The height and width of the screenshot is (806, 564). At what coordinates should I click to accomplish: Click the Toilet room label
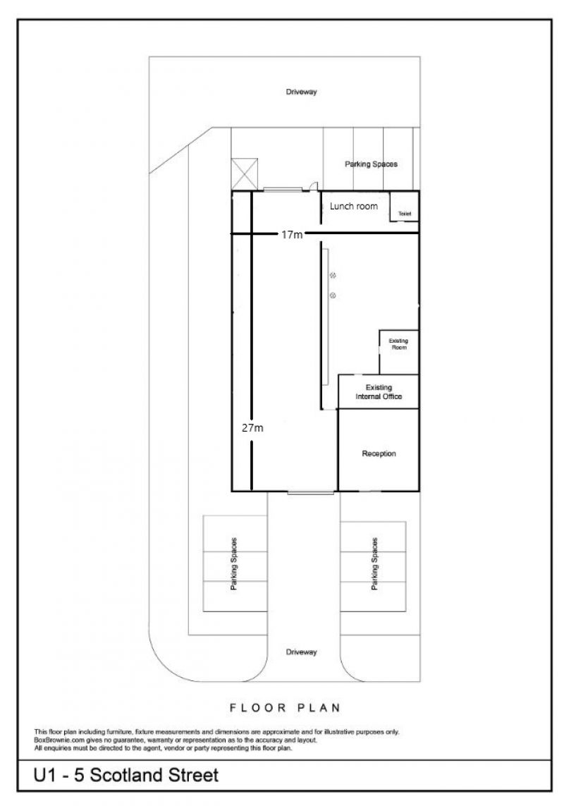click(x=405, y=214)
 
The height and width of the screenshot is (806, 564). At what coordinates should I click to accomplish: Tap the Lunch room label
click(x=354, y=206)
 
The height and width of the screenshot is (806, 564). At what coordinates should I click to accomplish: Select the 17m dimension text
click(x=292, y=234)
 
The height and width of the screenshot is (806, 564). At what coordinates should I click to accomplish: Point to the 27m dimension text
click(x=252, y=427)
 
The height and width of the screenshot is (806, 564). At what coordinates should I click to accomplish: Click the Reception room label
click(x=379, y=453)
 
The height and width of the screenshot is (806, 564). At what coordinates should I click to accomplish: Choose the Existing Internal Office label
click(x=379, y=391)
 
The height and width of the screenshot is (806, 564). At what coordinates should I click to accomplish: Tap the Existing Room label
click(x=398, y=344)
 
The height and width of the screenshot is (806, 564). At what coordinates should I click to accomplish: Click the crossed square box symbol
click(x=244, y=173)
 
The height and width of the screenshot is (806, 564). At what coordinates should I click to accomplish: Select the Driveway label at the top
click(x=301, y=92)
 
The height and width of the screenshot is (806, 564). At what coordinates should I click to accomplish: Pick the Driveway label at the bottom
click(x=301, y=652)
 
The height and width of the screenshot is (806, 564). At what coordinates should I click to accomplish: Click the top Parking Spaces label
click(x=372, y=164)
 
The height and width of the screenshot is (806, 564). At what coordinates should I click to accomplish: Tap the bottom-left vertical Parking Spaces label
click(x=234, y=564)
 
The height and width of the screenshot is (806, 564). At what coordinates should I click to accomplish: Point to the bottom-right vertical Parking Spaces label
click(x=374, y=564)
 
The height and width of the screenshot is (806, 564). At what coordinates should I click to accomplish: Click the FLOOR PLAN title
click(x=285, y=708)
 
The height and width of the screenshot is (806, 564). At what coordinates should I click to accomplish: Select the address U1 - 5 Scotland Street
click(x=126, y=775)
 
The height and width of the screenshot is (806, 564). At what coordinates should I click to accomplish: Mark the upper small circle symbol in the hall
click(x=333, y=276)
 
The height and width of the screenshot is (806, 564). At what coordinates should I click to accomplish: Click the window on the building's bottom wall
click(x=310, y=492)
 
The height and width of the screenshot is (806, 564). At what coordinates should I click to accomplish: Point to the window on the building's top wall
click(x=282, y=190)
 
